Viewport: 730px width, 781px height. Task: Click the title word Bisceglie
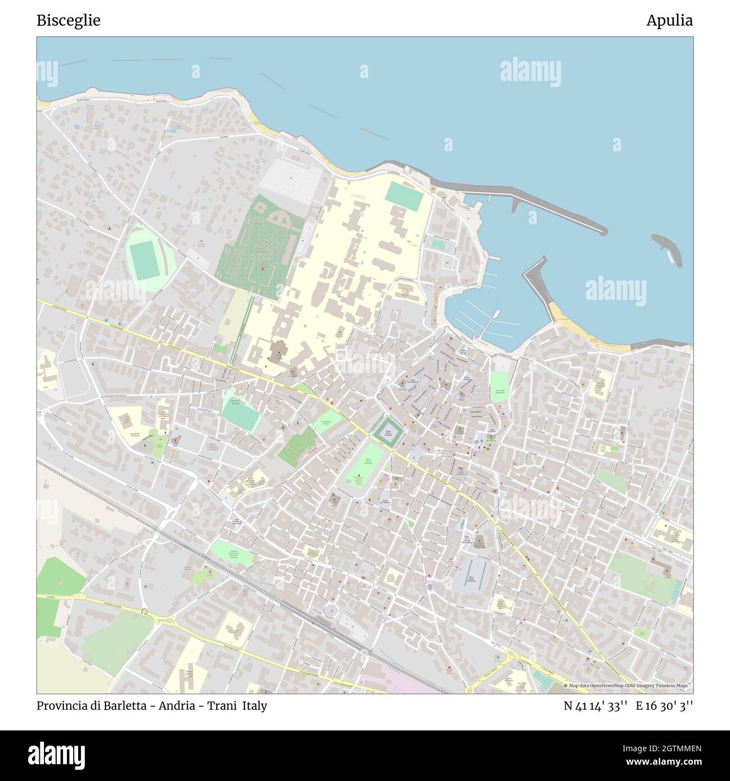point(69,21)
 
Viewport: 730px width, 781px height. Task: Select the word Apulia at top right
point(669,21)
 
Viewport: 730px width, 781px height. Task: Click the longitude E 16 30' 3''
point(664,706)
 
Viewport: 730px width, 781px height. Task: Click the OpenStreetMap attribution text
point(627,685)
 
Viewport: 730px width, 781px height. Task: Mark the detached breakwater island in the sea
point(668,247)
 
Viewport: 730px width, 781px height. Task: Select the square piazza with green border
point(386,432)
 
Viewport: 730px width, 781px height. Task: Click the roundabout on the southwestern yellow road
point(145,611)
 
